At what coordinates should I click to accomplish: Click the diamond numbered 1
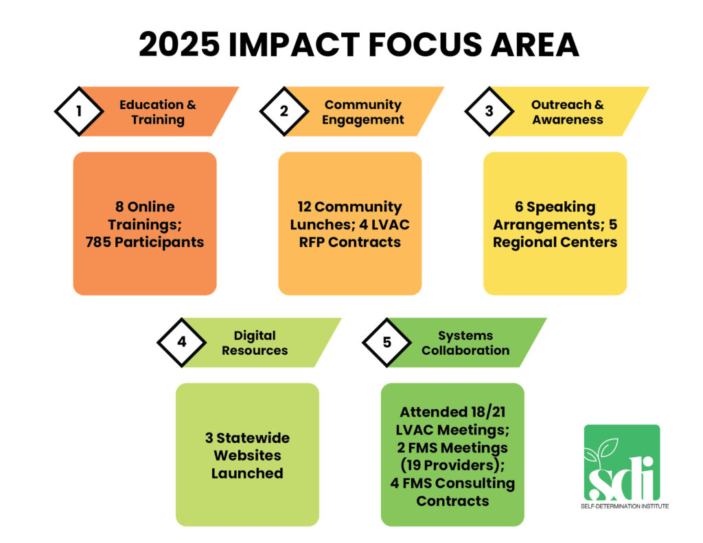[79, 111]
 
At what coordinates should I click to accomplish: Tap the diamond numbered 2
[284, 111]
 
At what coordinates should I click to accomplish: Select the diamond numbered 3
[489, 111]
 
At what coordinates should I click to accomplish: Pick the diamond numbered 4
[182, 342]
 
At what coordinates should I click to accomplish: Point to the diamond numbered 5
[387, 342]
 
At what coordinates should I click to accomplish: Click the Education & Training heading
[157, 112]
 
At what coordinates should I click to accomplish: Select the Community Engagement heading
[363, 112]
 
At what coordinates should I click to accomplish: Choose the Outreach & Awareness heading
[567, 112]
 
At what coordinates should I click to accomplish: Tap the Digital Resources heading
[254, 343]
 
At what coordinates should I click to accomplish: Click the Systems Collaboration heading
[465, 343]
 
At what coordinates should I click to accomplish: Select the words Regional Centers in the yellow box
[555, 242]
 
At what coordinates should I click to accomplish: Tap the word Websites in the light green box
[247, 455]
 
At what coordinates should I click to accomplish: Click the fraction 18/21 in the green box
[487, 412]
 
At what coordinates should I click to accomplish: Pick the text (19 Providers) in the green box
[452, 465]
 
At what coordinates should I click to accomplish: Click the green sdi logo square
[621, 462]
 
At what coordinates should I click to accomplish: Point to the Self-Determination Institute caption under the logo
[621, 506]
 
